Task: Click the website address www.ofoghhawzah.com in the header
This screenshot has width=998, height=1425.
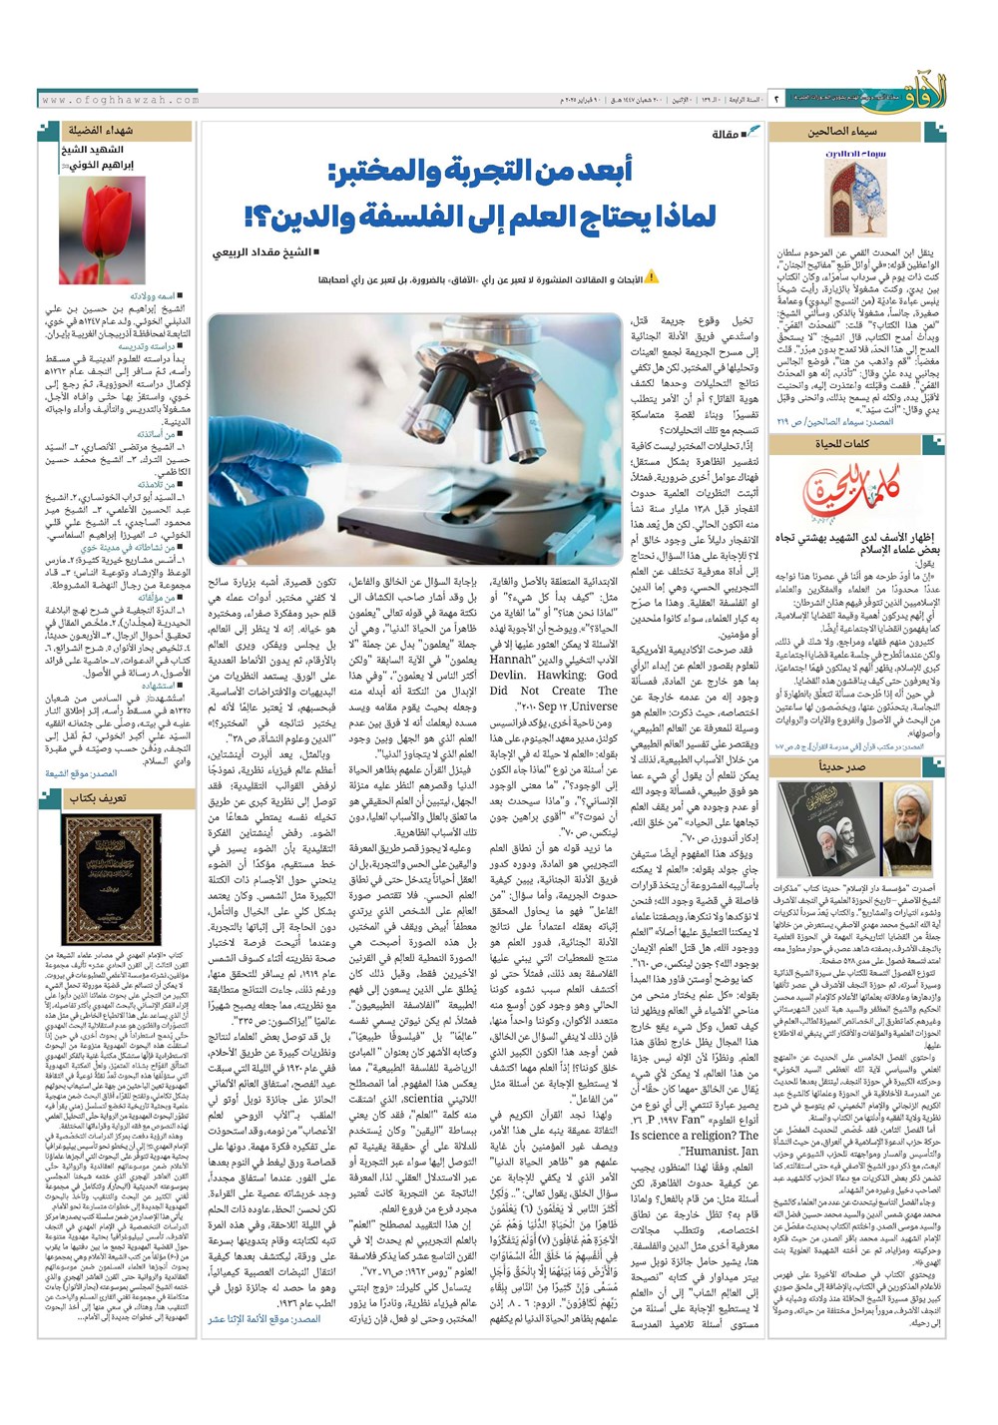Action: pyautogui.click(x=121, y=100)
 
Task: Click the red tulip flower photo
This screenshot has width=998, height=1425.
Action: pyautogui.click(x=102, y=231)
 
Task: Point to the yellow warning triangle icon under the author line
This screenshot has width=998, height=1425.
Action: pyautogui.click(x=652, y=278)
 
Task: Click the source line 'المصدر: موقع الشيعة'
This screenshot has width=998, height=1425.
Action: pyautogui.click(x=81, y=774)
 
